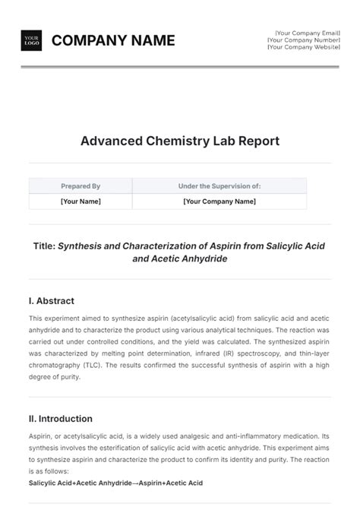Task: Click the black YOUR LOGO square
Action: [x=31, y=40]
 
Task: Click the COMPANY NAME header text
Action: [x=113, y=40]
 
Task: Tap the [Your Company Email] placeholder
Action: [x=303, y=33]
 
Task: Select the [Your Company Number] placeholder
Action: [x=302, y=40]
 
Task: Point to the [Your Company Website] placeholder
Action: [x=300, y=47]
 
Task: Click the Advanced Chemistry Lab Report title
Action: [x=180, y=141]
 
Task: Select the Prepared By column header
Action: [x=81, y=185]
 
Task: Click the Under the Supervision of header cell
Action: [x=219, y=185]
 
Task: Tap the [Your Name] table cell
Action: [x=81, y=201]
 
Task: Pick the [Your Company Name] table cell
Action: [x=219, y=201]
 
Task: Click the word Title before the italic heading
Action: [x=43, y=245]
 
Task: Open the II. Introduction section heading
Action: [x=60, y=419]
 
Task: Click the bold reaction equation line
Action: [x=115, y=483]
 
